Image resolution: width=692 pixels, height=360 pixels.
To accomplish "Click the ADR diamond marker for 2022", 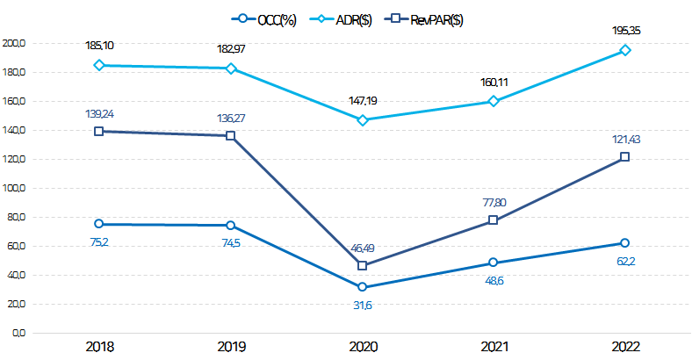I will coord(625,50).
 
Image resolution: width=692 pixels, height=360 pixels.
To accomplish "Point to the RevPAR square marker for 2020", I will coord(362,265).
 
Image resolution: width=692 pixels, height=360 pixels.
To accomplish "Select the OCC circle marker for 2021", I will coord(494,263).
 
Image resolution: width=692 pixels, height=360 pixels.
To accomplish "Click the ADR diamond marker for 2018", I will coord(99,65).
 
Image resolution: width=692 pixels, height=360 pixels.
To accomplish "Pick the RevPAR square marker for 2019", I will coord(230,135).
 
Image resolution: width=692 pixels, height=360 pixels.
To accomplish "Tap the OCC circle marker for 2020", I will coord(362,287).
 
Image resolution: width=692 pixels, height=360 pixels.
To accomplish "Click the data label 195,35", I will coord(625,31).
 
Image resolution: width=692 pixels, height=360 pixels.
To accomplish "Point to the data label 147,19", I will coord(362,101).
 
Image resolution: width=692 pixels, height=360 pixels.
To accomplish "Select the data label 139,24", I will coord(99,113).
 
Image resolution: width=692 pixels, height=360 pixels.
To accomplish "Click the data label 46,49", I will coord(362,248).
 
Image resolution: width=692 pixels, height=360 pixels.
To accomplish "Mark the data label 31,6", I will coord(362,305).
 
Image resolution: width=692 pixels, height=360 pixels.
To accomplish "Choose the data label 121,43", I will coord(625,140).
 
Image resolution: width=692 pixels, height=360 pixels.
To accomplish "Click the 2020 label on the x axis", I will coord(362,347).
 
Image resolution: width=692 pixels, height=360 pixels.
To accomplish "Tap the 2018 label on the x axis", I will coord(99,347).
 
